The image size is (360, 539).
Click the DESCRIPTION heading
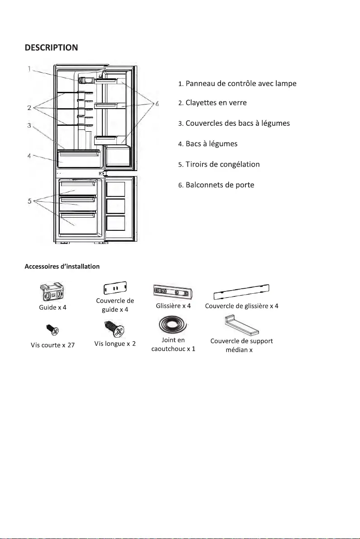[51, 47]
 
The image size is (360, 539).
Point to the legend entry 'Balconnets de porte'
[216, 185]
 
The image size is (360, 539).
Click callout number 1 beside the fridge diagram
[29, 69]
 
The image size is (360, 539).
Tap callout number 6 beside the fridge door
[157, 104]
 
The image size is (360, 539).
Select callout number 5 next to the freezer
[29, 201]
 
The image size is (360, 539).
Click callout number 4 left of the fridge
[29, 156]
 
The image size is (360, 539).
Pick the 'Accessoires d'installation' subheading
[62, 267]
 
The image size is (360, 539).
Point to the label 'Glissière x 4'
[173, 306]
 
